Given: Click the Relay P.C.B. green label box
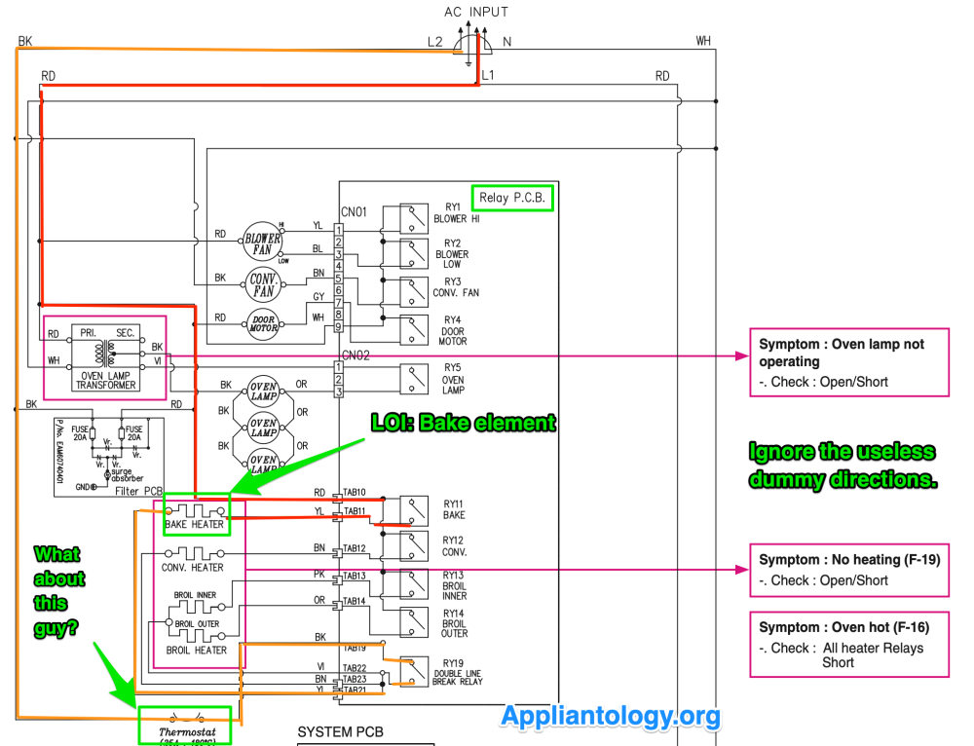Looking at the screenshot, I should [x=512, y=198].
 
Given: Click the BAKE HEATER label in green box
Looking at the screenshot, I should [x=195, y=524].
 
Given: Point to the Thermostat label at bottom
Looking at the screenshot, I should [x=185, y=730].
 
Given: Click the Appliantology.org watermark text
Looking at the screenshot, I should [x=611, y=717].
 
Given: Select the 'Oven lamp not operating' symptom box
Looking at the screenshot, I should [x=848, y=362].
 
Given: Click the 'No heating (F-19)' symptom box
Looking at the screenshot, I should [x=848, y=570].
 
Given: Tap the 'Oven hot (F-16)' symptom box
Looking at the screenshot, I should [x=848, y=644].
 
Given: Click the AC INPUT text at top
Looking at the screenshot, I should [x=475, y=12].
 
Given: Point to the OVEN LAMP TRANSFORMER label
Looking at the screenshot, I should [x=105, y=379].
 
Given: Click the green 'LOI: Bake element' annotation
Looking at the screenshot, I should [x=464, y=423].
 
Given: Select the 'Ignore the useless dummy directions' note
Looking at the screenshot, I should [x=843, y=466].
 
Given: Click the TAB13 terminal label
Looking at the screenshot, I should [x=355, y=576].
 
